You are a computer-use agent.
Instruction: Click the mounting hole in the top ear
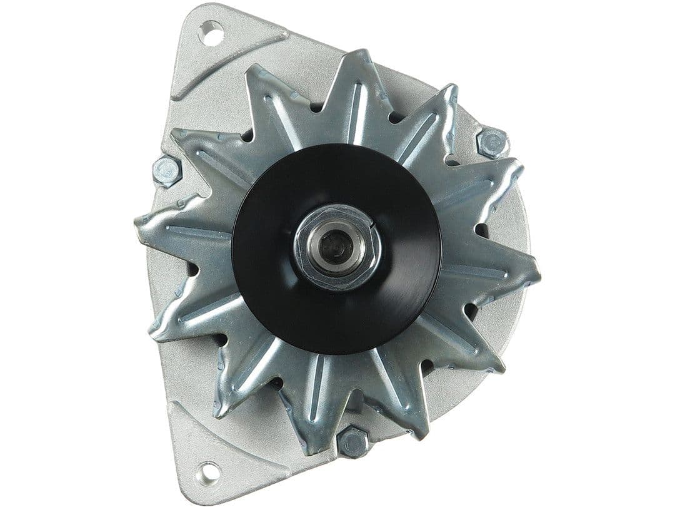click(x=212, y=33)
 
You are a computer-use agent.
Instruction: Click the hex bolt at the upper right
click(x=492, y=143)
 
